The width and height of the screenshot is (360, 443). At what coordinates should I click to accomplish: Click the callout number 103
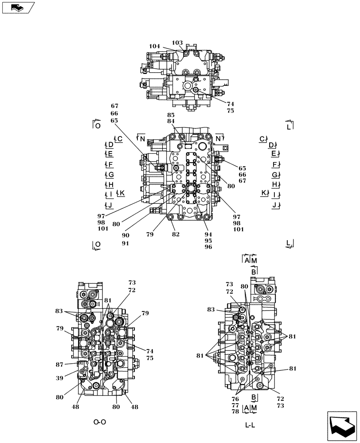(x=177, y=43)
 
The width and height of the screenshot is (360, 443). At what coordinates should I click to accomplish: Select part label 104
(x=155, y=46)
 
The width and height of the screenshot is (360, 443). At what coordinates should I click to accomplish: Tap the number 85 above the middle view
(x=171, y=115)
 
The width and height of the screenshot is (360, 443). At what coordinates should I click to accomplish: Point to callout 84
(x=171, y=121)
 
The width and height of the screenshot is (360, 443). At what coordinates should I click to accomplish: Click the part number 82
(x=176, y=234)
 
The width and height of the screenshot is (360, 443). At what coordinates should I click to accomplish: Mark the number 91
(x=126, y=243)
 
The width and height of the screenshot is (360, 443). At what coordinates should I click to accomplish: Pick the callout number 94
(x=208, y=234)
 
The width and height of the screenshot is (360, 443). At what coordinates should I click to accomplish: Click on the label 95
(x=208, y=241)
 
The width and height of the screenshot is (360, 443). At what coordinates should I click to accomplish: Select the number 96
(x=208, y=247)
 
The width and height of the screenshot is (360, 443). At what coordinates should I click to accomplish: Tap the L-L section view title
(x=250, y=425)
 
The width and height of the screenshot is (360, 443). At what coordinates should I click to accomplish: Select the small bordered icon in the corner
(x=18, y=8)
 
